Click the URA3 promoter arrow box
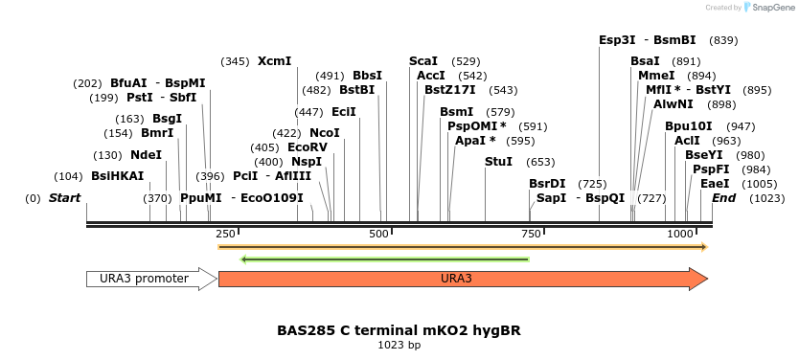[151, 279]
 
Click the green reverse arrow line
[383, 259]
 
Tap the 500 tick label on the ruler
[379, 235]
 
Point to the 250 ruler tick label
[225, 235]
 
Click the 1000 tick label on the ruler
[680, 235]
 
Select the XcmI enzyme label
[274, 61]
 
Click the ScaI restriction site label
[422, 61]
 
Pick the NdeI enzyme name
[146, 155]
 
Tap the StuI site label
[498, 162]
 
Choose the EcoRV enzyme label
[308, 147]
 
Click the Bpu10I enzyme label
[689, 126]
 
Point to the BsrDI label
[547, 184]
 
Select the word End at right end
[723, 198]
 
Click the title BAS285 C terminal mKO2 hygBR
[399, 330]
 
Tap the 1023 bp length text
[399, 345]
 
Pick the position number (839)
[723, 40]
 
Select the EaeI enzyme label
[714, 184]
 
